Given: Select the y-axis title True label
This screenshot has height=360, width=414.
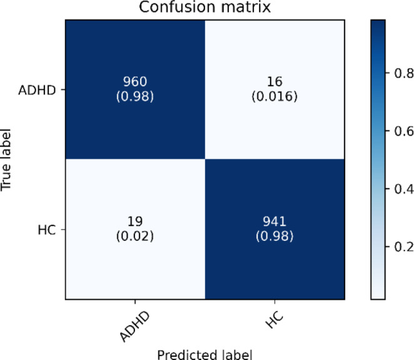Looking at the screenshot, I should point(8,161).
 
